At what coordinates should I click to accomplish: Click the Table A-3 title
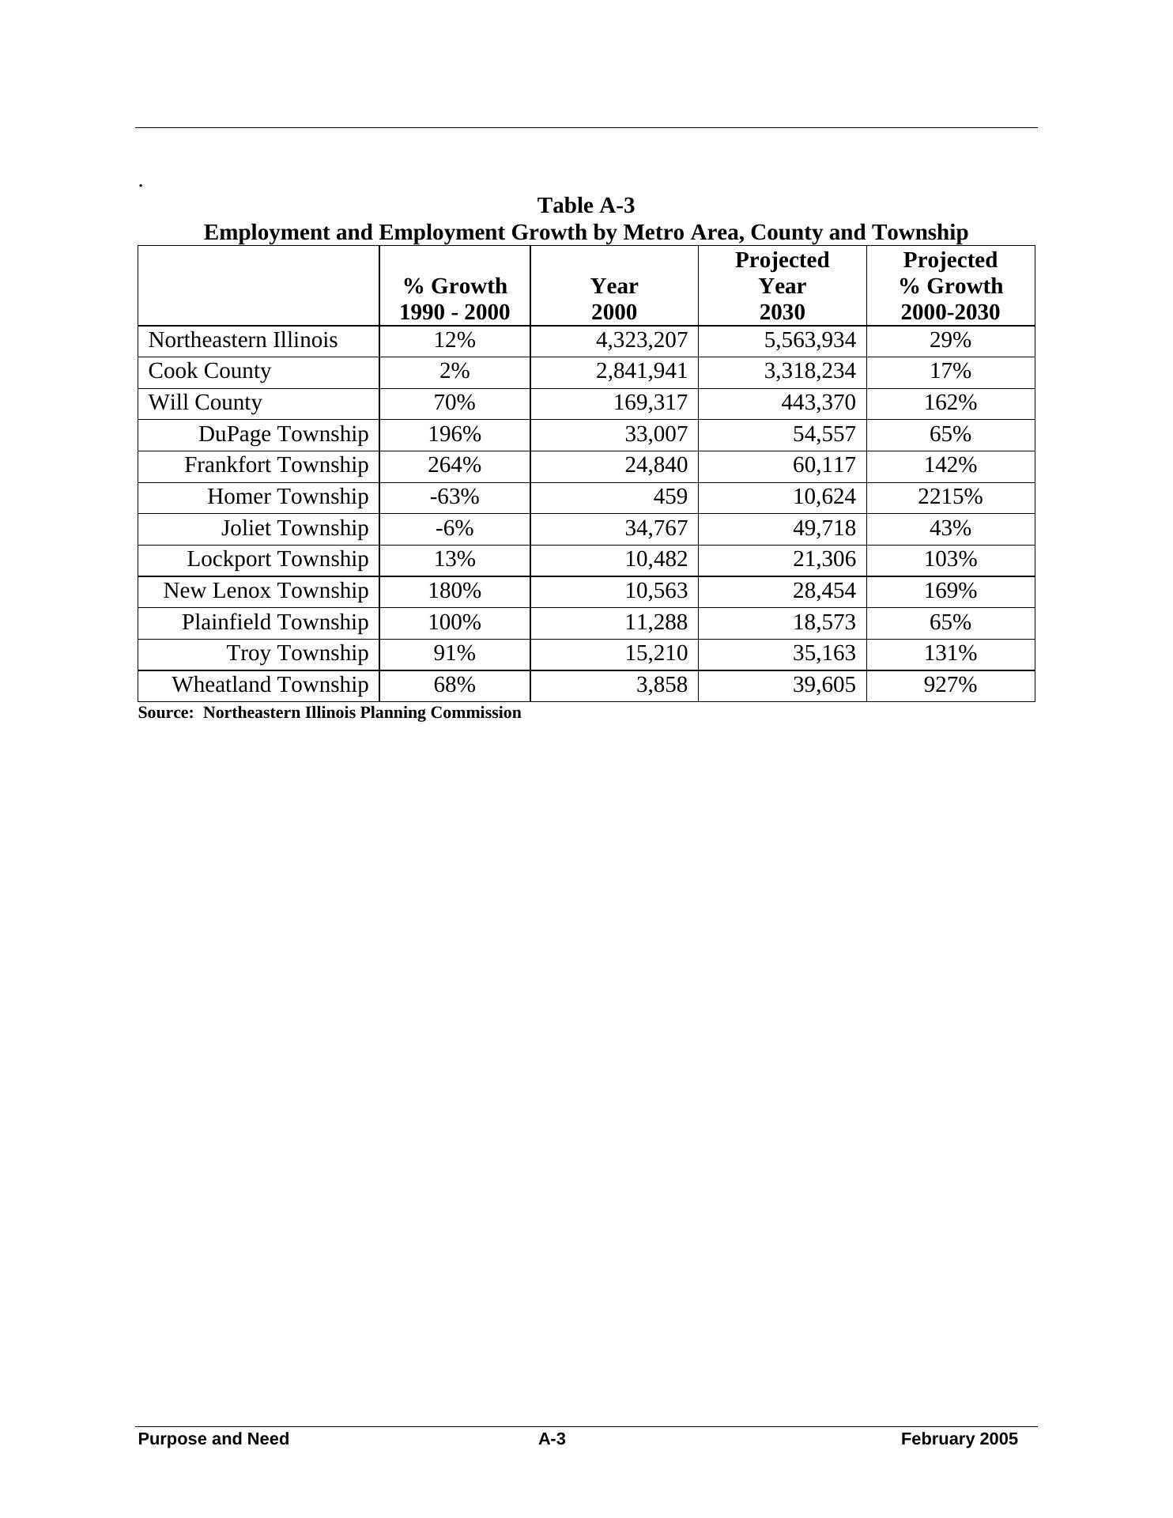click(586, 206)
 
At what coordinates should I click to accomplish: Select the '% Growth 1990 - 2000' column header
click(454, 299)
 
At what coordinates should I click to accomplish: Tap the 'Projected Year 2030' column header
click(782, 286)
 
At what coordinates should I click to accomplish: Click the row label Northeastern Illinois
click(243, 340)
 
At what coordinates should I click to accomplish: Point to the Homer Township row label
click(288, 497)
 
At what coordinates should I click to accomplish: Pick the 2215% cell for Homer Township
click(950, 497)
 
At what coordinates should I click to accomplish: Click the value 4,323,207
click(641, 340)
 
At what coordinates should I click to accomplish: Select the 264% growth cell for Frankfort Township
click(454, 465)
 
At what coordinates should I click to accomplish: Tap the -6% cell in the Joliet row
click(454, 528)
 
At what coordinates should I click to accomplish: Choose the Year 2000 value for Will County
click(651, 402)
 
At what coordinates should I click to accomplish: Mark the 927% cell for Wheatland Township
click(950, 685)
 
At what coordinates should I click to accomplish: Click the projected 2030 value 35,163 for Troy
click(824, 653)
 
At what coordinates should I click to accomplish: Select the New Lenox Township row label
click(266, 591)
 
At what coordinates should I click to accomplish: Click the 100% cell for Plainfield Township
click(454, 622)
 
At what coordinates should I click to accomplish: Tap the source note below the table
click(330, 713)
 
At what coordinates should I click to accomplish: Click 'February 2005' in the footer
click(959, 1439)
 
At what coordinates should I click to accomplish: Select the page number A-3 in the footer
click(552, 1439)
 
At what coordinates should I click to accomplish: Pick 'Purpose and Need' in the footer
click(213, 1439)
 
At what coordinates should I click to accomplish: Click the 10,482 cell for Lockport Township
click(656, 559)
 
